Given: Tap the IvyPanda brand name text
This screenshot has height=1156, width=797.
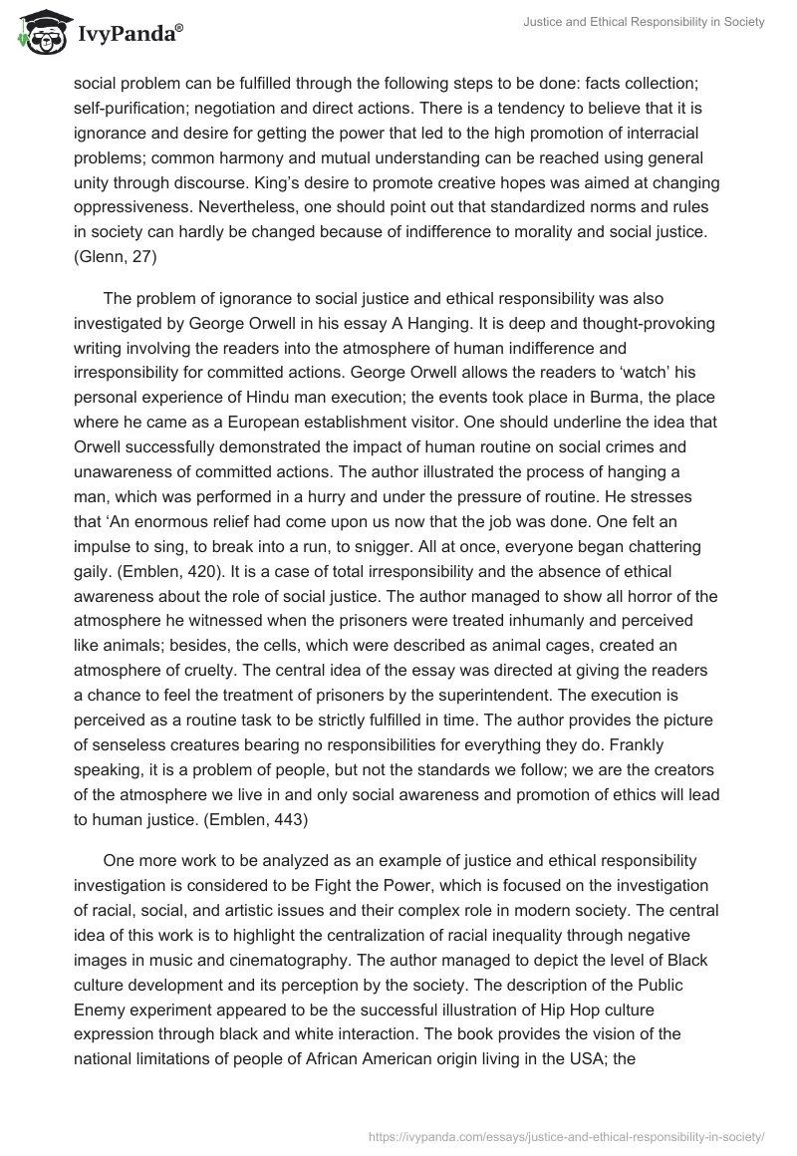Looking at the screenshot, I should point(129,34).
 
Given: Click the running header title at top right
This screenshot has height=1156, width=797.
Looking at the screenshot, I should point(649,22).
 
